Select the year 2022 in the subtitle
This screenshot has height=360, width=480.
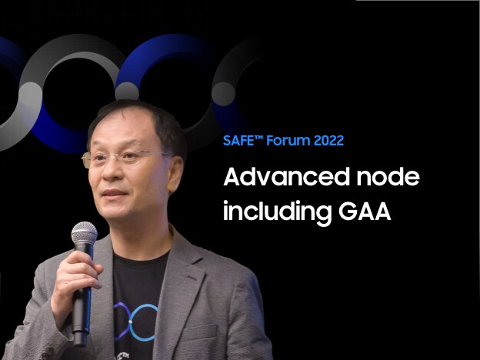click(328, 141)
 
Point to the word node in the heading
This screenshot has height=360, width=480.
click(388, 177)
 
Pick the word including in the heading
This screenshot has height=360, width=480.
click(278, 212)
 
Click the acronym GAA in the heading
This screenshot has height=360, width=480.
click(365, 212)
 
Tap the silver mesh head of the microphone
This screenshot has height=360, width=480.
click(84, 233)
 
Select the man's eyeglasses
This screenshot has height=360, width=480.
click(127, 158)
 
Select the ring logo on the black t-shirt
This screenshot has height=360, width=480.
click(135, 322)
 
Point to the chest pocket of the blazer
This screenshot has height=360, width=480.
click(198, 334)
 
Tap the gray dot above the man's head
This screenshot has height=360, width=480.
click(127, 92)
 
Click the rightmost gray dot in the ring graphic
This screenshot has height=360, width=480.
click(224, 94)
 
